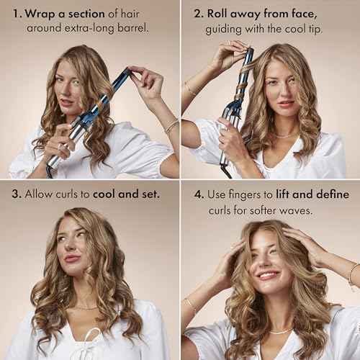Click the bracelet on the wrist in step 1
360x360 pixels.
click(171, 127)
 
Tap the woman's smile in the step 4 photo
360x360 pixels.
click(269, 275)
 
